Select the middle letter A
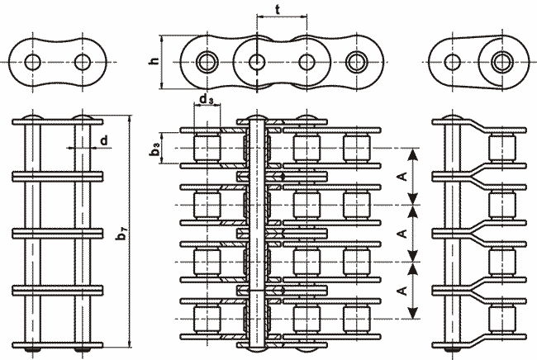(x=401, y=234)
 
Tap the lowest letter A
(x=401, y=291)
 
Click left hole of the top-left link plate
(x=33, y=62)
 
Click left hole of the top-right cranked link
(x=453, y=62)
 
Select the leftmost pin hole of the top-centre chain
(x=207, y=62)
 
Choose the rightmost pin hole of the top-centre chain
(x=356, y=62)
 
